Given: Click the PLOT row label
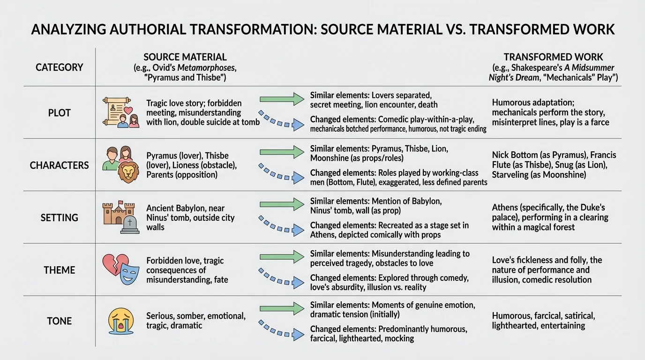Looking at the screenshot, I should coord(60,113).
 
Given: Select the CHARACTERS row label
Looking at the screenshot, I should coord(60,165).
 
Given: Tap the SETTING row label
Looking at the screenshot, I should coord(60,217).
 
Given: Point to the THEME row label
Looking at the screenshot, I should coord(60,270).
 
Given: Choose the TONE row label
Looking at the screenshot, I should coord(60,321).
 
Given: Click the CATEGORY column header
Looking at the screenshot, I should coord(60,67).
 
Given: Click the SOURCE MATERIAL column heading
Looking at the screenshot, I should coord(185,57).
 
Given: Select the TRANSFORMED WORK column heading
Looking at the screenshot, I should coord(553,57).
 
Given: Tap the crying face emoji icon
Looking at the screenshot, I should coord(120,321).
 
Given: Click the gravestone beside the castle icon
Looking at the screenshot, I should coord(129,225).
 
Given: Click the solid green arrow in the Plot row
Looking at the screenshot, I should coord(282,99).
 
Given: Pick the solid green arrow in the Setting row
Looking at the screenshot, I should coord(282,204).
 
